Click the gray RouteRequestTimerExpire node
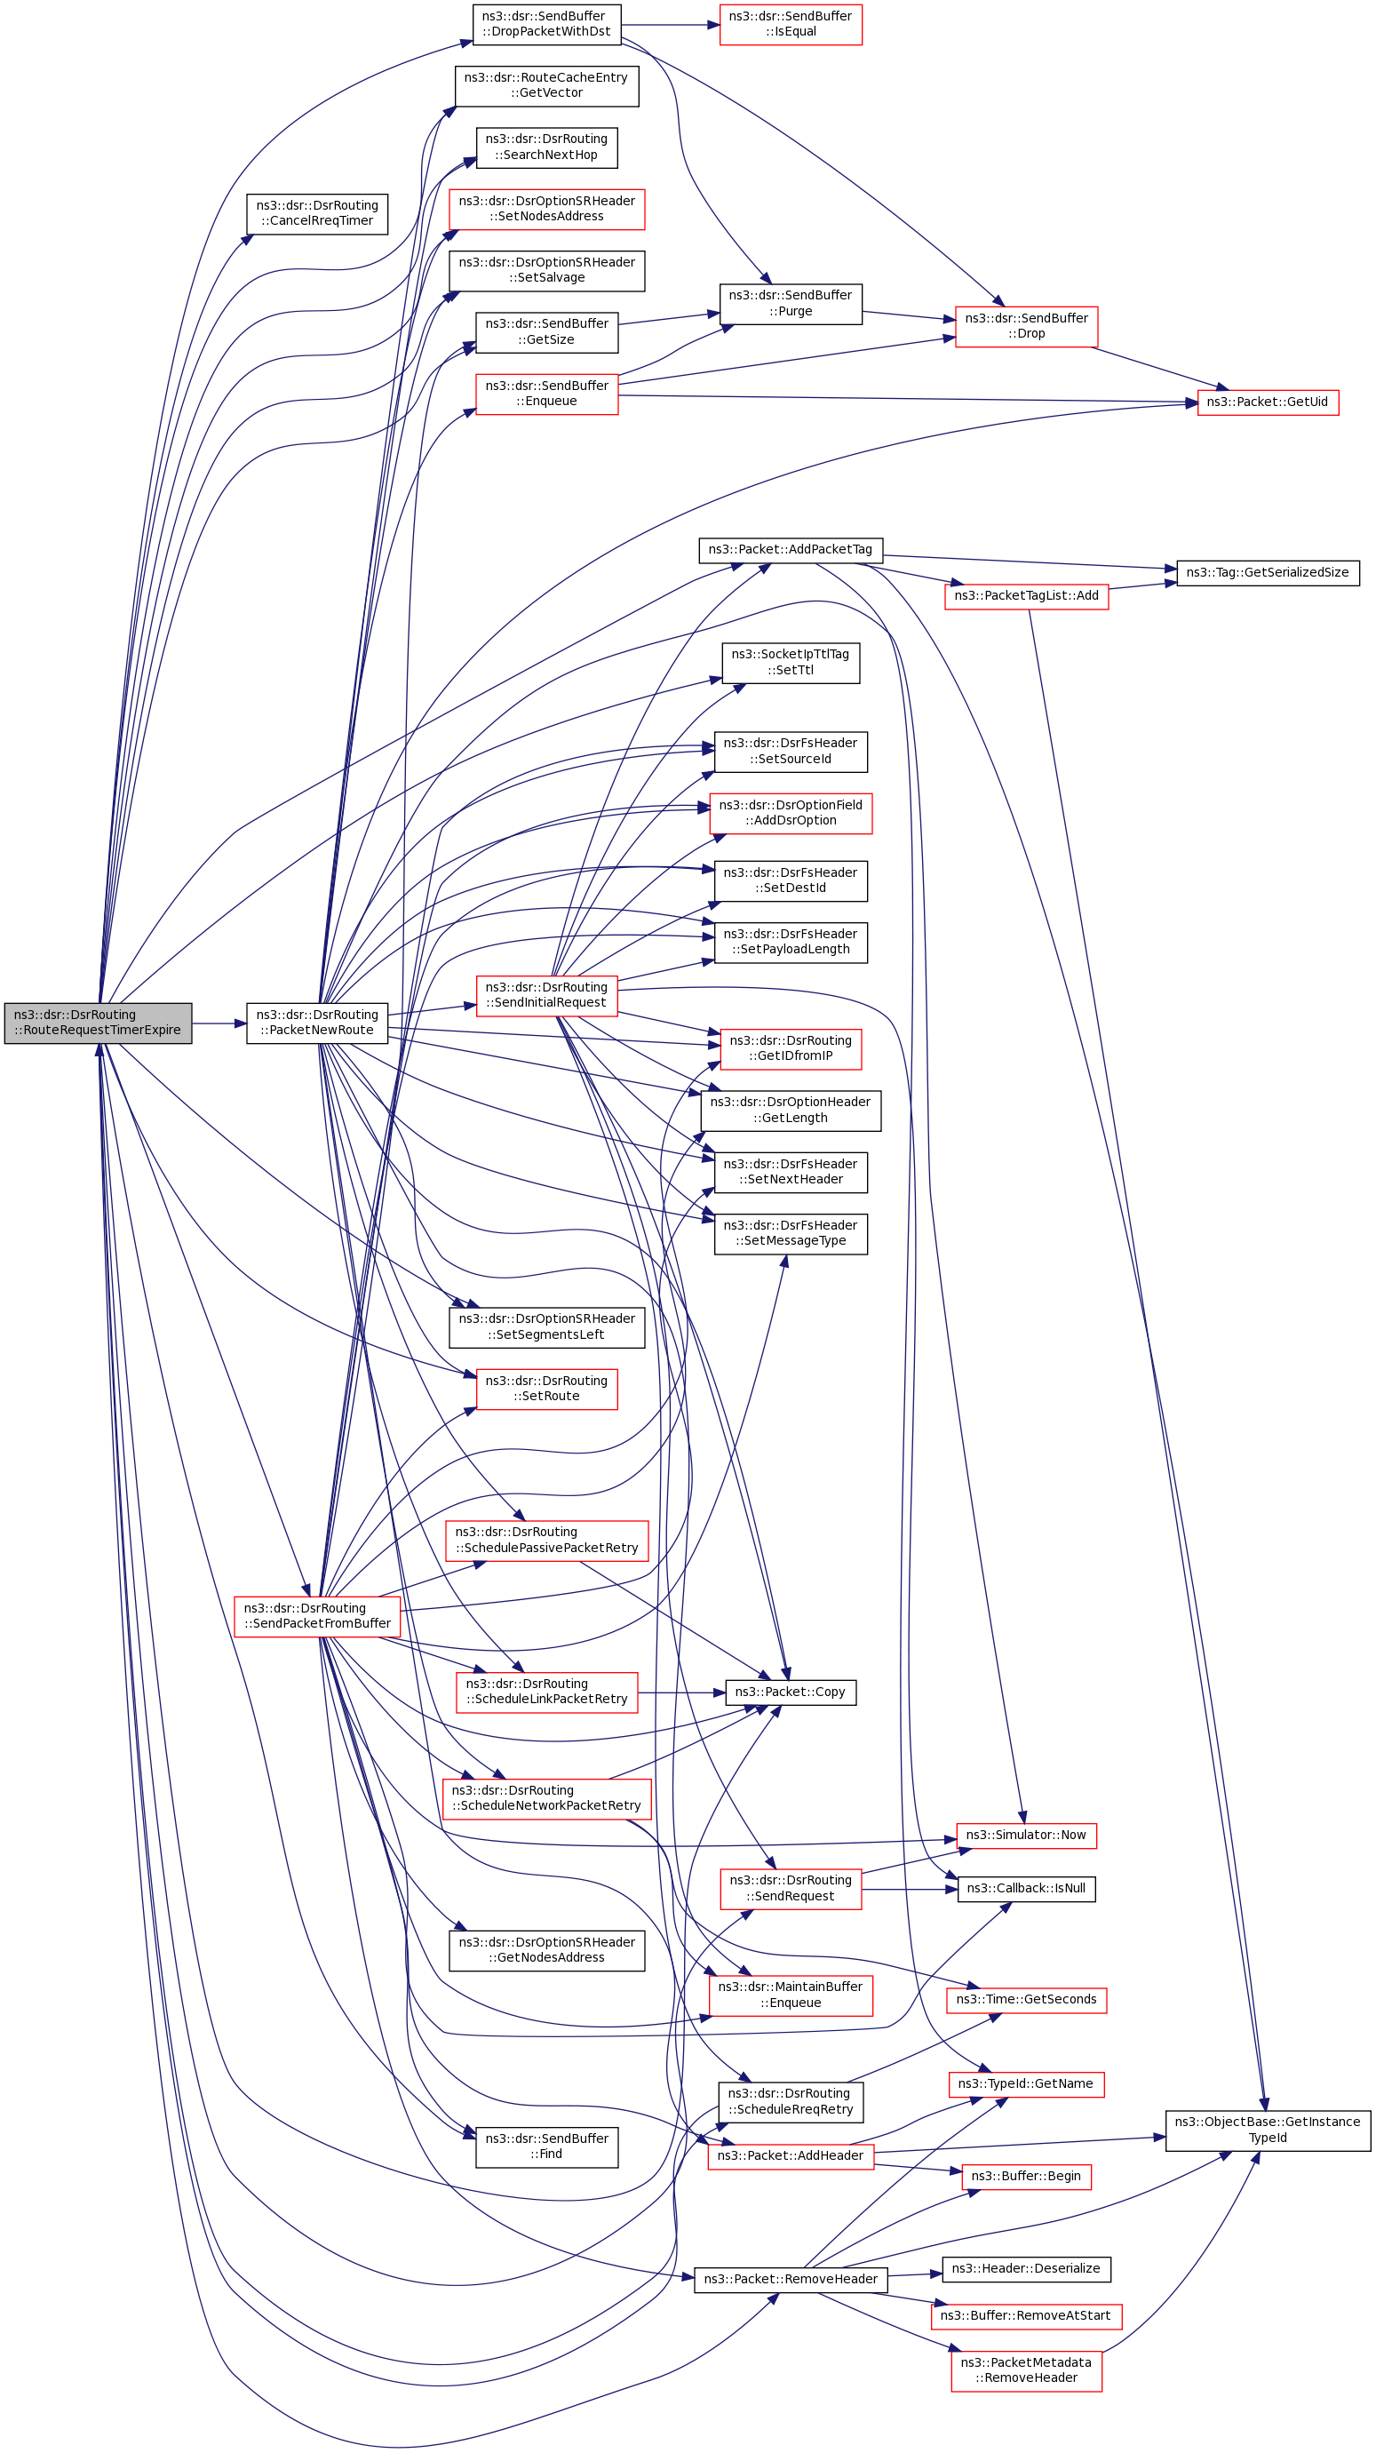point(97,1023)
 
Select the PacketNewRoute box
point(317,1023)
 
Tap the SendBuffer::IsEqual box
point(791,24)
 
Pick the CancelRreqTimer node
point(317,213)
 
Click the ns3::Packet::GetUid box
point(1268,402)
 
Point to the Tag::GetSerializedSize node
point(1268,572)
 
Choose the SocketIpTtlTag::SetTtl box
point(791,662)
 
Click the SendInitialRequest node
point(546,995)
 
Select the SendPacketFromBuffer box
point(317,1616)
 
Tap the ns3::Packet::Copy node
point(791,1692)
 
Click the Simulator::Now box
point(1026,1835)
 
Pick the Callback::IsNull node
point(1026,1888)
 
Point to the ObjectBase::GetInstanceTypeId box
point(1268,2130)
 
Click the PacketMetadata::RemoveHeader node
point(1026,2370)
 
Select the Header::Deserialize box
point(1026,2269)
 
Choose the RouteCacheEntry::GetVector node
point(546,85)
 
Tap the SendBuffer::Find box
point(546,2146)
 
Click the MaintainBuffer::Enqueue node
point(791,1995)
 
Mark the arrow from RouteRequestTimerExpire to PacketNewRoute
point(219,1023)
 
